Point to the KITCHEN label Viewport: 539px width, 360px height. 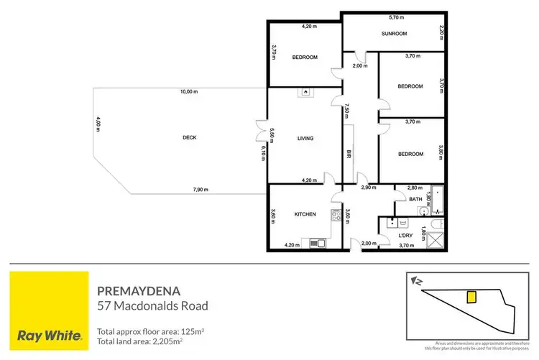click(305, 214)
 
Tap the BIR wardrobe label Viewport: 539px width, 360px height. click(349, 154)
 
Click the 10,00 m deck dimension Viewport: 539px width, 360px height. click(189, 91)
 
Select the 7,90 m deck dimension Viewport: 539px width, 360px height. click(200, 190)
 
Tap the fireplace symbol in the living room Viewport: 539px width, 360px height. click(306, 92)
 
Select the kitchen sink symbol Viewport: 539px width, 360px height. click(317, 244)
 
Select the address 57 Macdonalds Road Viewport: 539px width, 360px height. click(152, 306)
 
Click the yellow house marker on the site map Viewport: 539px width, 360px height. click(472, 297)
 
